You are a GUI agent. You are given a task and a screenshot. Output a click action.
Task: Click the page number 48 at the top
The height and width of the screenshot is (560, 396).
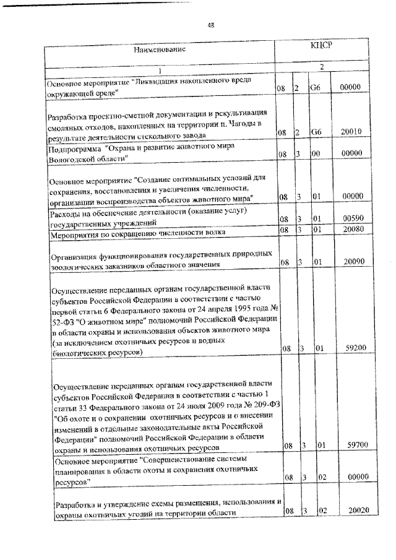(x=210, y=25)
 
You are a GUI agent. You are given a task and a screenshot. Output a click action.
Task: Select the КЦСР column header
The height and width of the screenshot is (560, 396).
(x=322, y=45)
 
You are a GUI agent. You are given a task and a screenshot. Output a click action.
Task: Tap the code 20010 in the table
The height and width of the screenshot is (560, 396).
(x=350, y=132)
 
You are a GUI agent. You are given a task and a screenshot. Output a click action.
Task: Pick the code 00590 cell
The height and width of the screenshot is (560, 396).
(x=350, y=218)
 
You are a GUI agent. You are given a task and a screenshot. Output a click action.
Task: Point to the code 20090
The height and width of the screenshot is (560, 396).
(x=350, y=262)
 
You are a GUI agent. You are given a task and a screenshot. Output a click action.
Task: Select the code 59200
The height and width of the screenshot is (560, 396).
(x=350, y=349)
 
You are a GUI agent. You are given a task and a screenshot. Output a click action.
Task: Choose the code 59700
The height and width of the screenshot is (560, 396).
(x=350, y=445)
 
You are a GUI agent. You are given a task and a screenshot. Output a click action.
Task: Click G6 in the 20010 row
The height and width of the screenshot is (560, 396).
(x=316, y=132)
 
